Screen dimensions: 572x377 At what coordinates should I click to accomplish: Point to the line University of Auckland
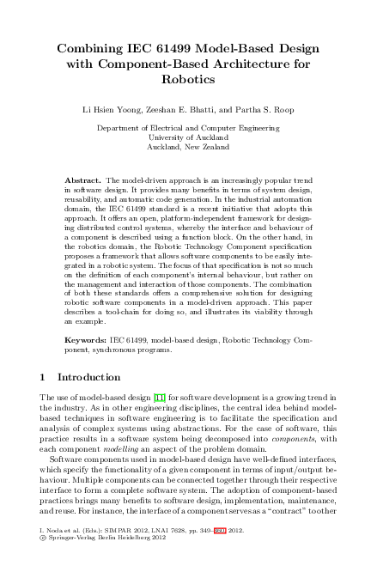coord(188,137)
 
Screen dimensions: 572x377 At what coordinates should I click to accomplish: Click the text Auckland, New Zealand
coord(188,147)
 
